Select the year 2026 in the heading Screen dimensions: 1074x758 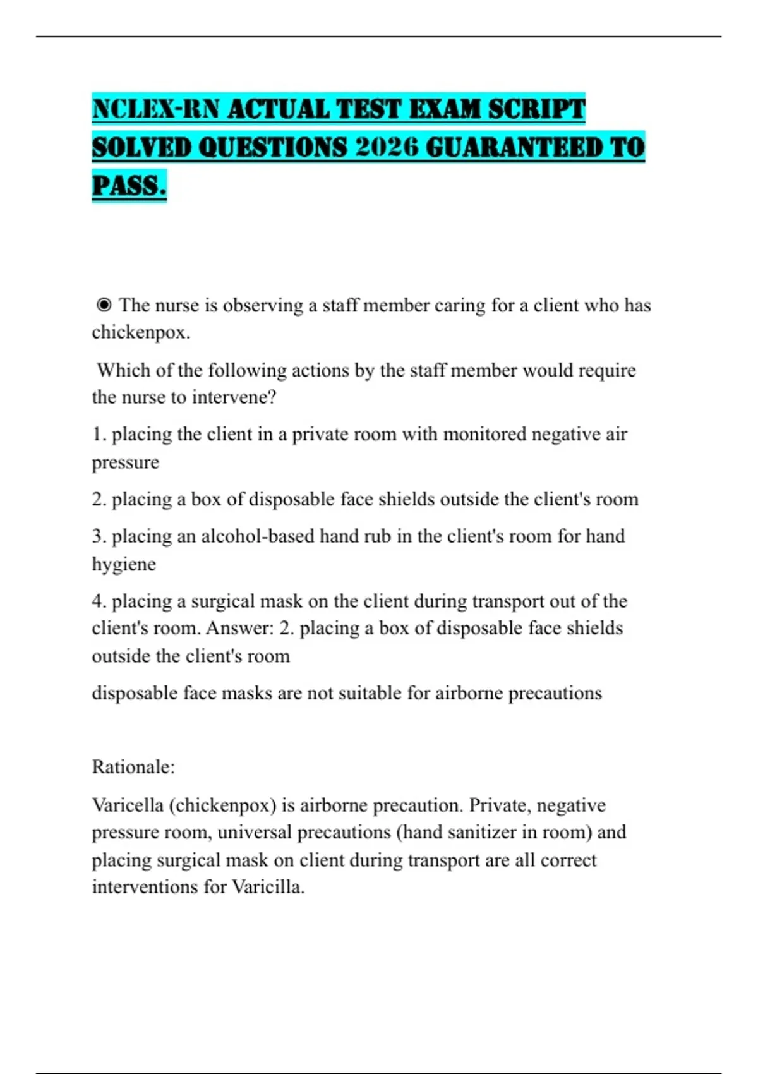(x=387, y=147)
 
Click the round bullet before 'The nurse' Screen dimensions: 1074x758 (x=104, y=306)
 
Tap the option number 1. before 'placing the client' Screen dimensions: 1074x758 (x=99, y=435)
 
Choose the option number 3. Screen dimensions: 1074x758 (x=99, y=536)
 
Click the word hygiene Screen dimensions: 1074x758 (x=124, y=564)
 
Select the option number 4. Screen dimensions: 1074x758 (x=99, y=601)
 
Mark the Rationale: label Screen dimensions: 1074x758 (x=133, y=767)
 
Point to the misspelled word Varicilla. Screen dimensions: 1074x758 (x=268, y=887)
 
